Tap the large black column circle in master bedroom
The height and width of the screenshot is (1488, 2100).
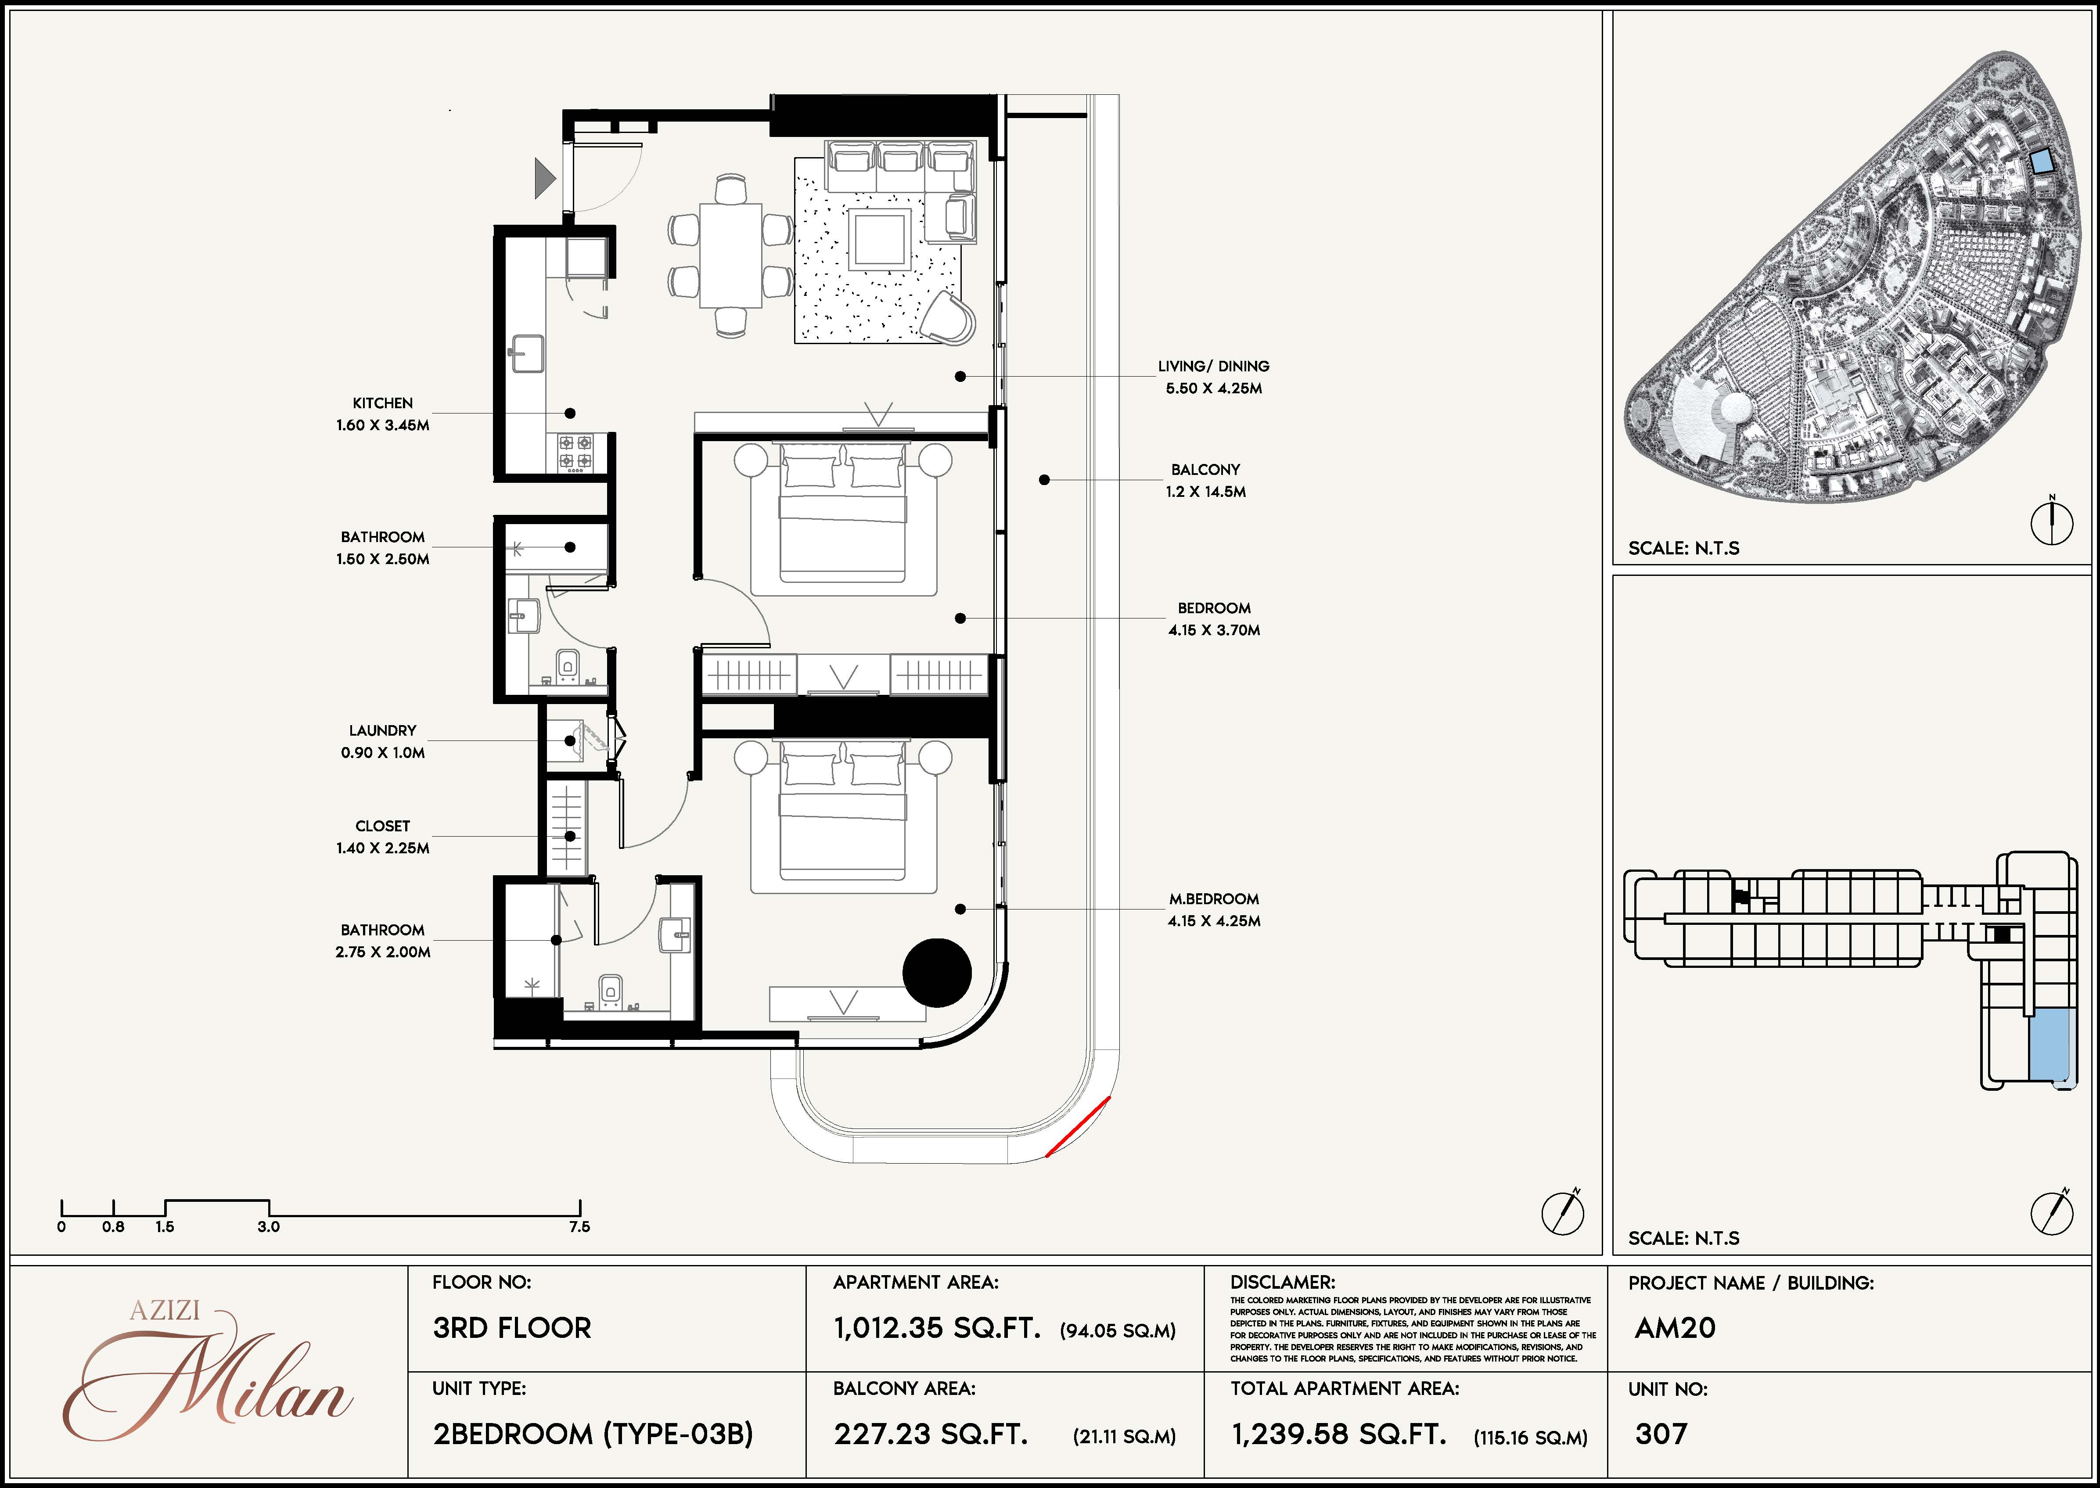pos(936,973)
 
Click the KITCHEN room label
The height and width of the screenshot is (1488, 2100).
pos(383,403)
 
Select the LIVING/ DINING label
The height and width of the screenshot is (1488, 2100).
pos(1213,366)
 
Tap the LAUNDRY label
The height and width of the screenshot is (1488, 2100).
pos(383,730)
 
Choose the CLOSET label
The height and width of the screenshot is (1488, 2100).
pos(383,826)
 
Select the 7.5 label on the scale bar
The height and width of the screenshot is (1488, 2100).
pos(579,1227)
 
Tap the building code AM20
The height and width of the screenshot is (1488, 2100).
pos(1675,1328)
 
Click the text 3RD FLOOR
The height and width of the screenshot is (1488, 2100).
pos(512,1328)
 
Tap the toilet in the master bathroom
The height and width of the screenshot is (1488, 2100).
pos(610,989)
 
